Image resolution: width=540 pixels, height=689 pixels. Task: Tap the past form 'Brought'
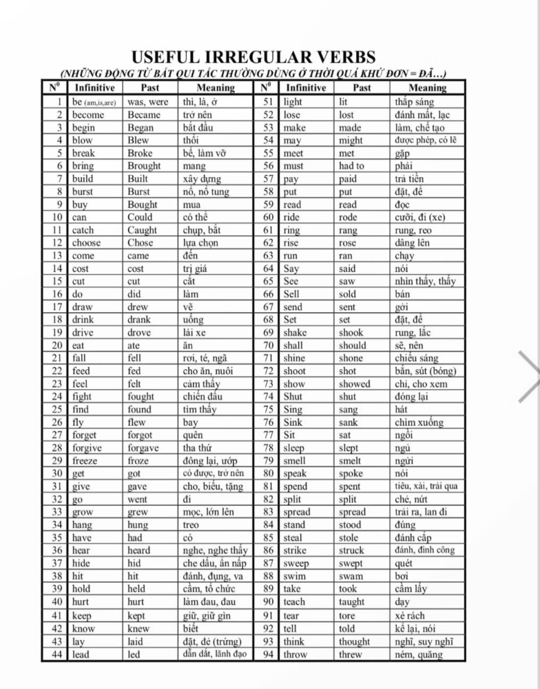[144, 166]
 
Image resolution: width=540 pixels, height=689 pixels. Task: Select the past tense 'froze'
[139, 461]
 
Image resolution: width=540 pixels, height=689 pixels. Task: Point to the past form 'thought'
[354, 641]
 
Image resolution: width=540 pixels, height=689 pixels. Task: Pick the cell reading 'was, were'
[148, 102]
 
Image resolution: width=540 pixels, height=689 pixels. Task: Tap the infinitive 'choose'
[86, 243]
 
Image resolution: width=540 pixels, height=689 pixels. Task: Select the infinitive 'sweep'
[296, 564]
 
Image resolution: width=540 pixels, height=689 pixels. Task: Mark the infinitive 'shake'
[295, 333]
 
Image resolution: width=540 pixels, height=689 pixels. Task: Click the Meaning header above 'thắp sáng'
[427, 88]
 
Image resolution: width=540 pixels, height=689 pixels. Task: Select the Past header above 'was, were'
[149, 88]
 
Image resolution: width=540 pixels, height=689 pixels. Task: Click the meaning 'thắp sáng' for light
[414, 102]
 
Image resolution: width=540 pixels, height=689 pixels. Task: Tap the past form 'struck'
[352, 551]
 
